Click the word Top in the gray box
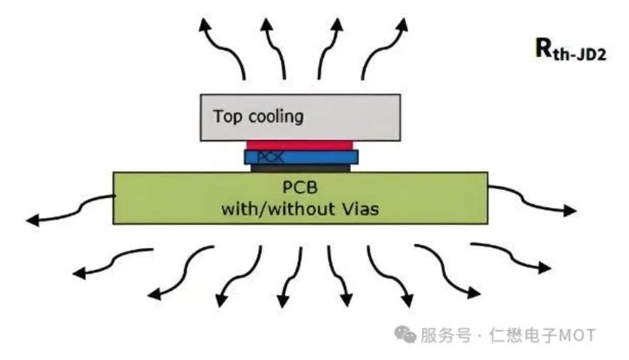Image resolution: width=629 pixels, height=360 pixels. [228, 116]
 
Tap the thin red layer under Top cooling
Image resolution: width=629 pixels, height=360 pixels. [300, 145]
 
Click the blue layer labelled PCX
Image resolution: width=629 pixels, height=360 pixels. [301, 156]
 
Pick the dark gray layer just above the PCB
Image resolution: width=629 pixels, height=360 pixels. [301, 168]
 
